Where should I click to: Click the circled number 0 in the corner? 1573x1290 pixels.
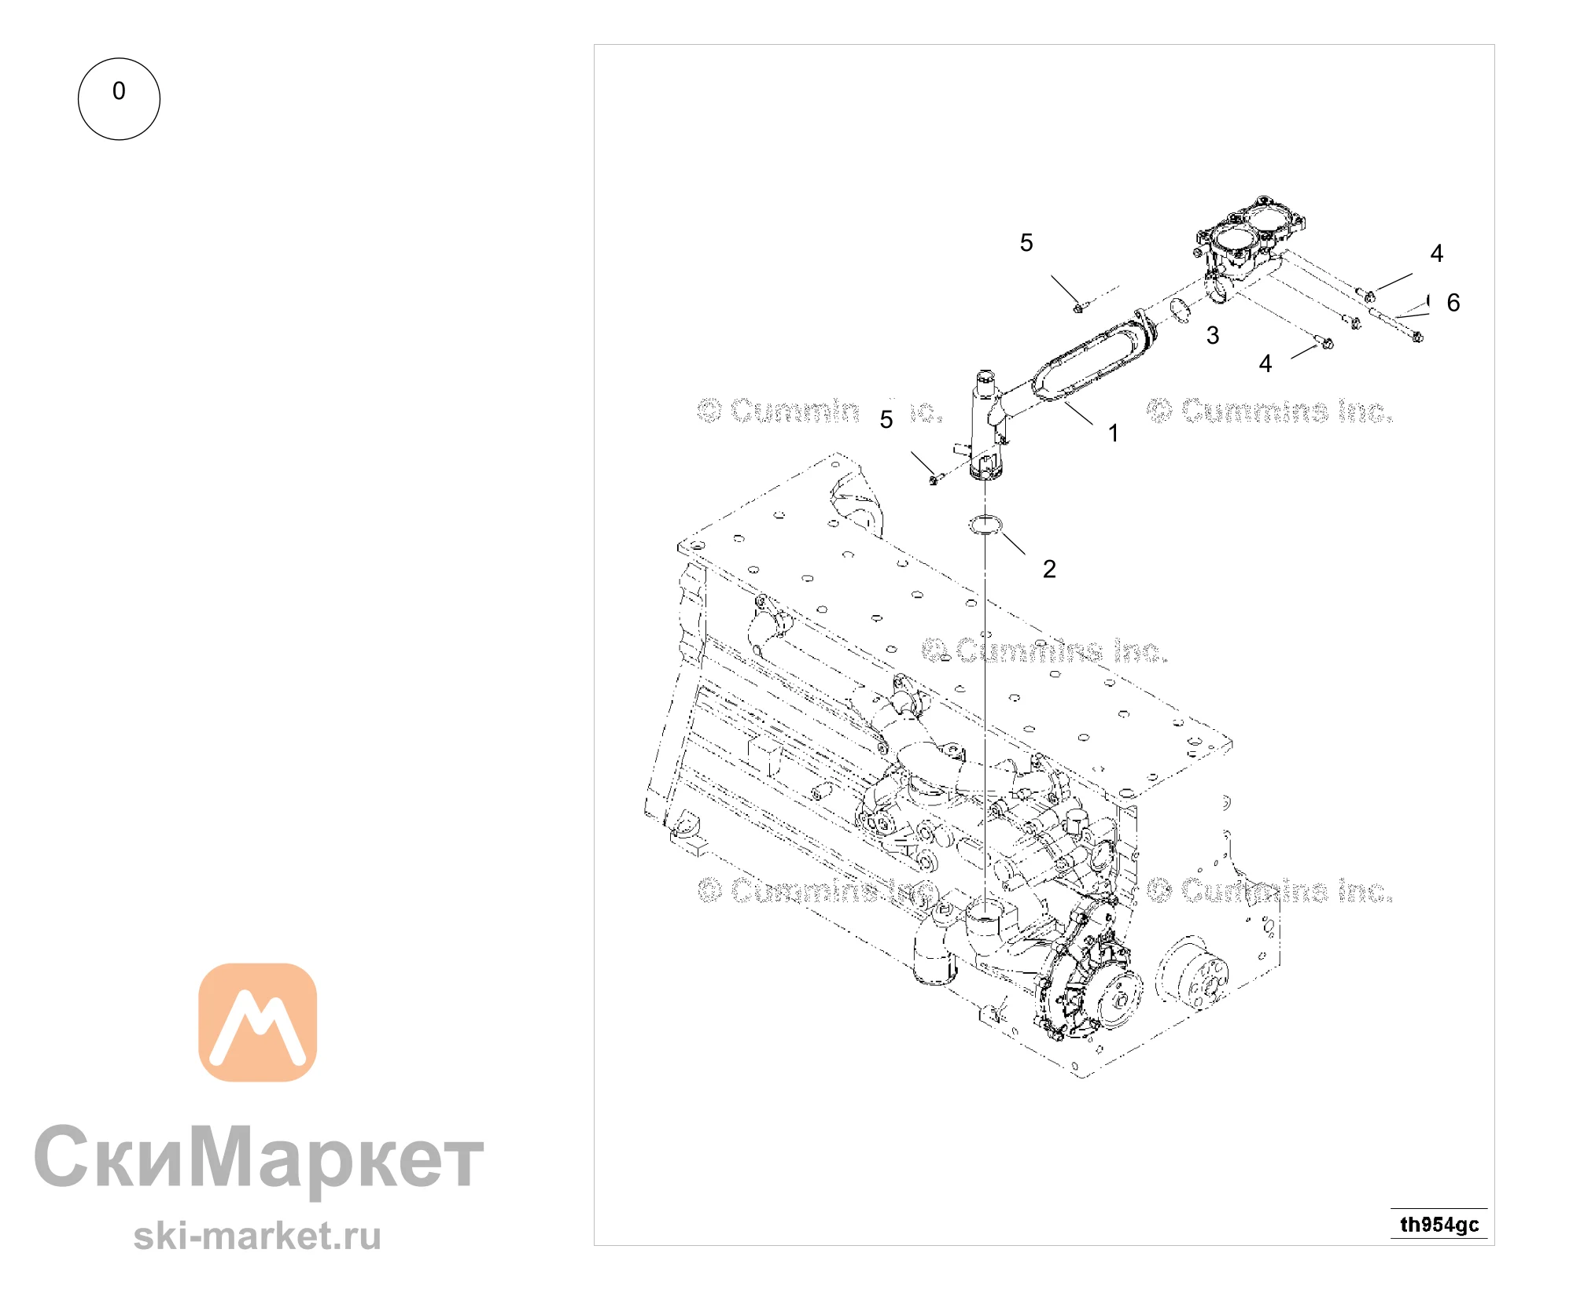click(119, 99)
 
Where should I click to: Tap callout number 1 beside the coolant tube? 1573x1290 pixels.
click(1113, 433)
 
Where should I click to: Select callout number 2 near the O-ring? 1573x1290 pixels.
click(1049, 569)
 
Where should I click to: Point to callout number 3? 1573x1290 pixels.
click(1213, 335)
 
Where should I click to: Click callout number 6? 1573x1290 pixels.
click(1453, 302)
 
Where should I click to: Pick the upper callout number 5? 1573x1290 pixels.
click(1026, 242)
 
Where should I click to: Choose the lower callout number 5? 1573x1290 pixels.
click(886, 419)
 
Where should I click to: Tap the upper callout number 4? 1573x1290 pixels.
click(1437, 253)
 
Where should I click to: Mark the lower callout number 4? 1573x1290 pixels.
click(1265, 363)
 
